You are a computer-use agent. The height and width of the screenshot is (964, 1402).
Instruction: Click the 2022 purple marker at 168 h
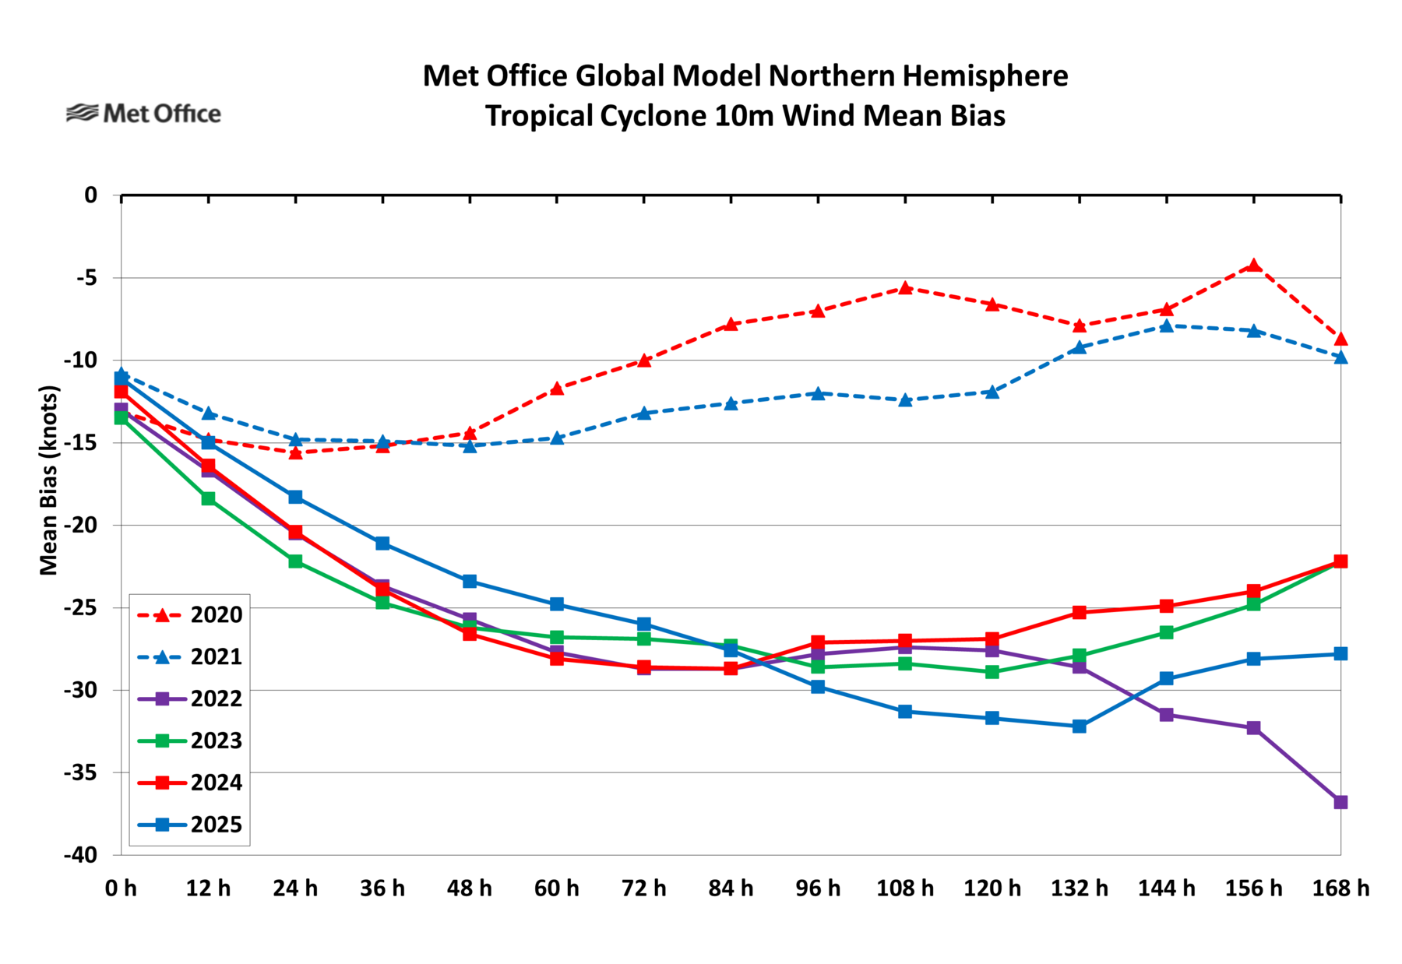click(1340, 802)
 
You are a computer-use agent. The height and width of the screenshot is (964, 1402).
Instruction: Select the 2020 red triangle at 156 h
click(1253, 265)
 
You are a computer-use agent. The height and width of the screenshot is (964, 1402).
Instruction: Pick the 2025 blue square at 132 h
click(1079, 726)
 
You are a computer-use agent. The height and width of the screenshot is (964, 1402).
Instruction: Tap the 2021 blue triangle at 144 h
click(1166, 325)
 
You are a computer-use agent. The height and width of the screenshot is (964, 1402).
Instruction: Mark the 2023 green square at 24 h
click(295, 561)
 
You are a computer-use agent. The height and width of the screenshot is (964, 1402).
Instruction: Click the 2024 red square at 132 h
click(1079, 612)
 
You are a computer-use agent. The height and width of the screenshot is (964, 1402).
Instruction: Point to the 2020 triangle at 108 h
click(905, 287)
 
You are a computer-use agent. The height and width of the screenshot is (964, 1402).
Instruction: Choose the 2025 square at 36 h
click(382, 543)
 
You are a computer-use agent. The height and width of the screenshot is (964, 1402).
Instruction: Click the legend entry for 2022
click(189, 698)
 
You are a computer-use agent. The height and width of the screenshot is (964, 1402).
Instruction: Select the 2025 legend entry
click(189, 825)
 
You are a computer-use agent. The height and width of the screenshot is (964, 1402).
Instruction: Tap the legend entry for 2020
click(189, 614)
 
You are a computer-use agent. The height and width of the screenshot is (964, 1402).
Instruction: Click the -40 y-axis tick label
click(80, 855)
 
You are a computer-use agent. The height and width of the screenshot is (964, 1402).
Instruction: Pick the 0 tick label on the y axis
click(91, 195)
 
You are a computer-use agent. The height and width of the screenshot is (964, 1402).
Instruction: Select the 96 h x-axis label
click(818, 888)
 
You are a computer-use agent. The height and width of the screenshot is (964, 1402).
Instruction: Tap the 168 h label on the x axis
click(1340, 888)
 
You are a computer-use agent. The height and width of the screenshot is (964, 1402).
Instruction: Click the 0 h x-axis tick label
click(121, 888)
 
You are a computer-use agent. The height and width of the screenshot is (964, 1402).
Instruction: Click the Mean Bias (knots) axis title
click(49, 480)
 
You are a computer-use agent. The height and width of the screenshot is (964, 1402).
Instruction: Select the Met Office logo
click(143, 114)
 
